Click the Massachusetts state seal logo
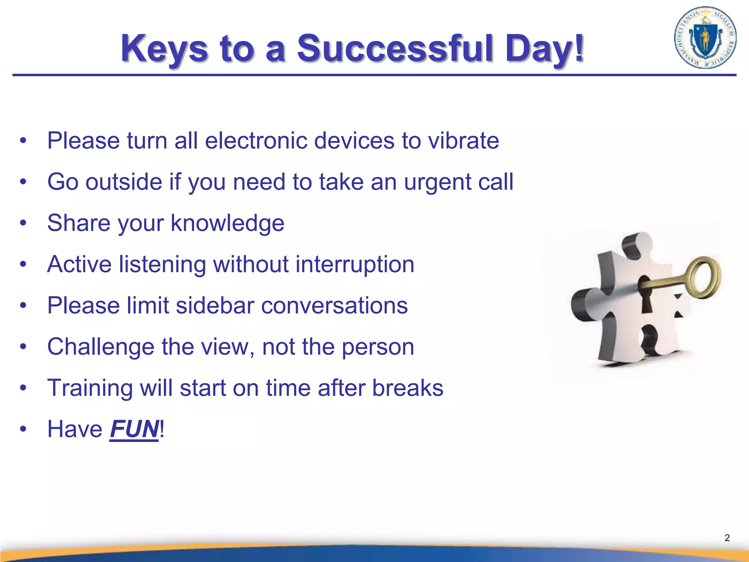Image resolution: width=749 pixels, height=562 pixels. (x=705, y=38)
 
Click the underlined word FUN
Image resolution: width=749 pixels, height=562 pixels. (x=134, y=429)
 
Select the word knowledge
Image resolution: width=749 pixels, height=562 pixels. (x=227, y=223)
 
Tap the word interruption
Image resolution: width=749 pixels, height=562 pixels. (x=355, y=264)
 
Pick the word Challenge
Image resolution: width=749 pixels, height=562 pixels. (x=101, y=347)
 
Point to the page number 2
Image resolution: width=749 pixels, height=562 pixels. (x=727, y=538)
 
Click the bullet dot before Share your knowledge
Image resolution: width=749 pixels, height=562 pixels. (x=23, y=223)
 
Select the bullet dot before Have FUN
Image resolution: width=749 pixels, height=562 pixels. (x=23, y=429)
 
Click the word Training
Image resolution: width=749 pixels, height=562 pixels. (x=90, y=388)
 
